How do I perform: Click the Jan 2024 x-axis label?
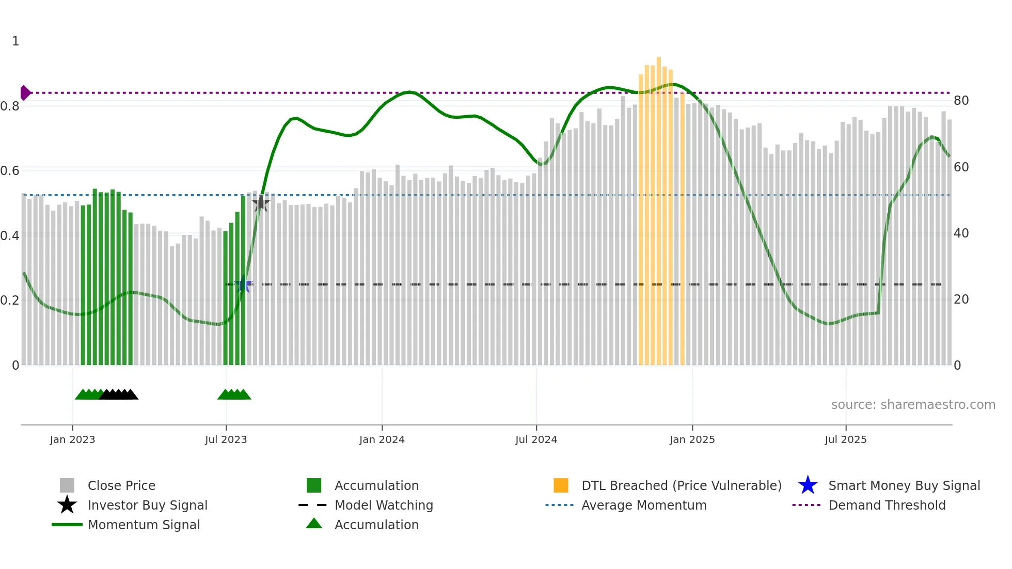pos(382,439)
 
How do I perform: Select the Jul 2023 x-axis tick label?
pos(226,439)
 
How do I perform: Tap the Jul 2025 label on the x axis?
pos(845,439)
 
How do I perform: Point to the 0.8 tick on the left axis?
pos(10,106)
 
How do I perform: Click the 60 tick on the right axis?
pos(961,167)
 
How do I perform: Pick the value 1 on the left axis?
pos(15,41)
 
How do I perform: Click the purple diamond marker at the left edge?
pos(25,93)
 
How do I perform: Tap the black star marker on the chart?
pos(261,203)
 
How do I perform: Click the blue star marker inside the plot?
pos(243,284)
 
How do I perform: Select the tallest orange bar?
pos(658,207)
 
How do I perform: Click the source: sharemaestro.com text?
pos(913,405)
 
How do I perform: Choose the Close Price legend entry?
pos(121,485)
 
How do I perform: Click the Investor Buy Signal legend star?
pos(67,505)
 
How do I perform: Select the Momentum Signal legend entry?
pos(144,525)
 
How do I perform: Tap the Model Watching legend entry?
pos(383,505)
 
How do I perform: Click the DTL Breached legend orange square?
pos(561,485)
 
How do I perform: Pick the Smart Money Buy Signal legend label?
pos(904,485)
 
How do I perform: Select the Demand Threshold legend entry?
pos(887,505)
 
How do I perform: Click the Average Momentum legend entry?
pos(643,505)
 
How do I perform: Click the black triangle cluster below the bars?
pos(119,394)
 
